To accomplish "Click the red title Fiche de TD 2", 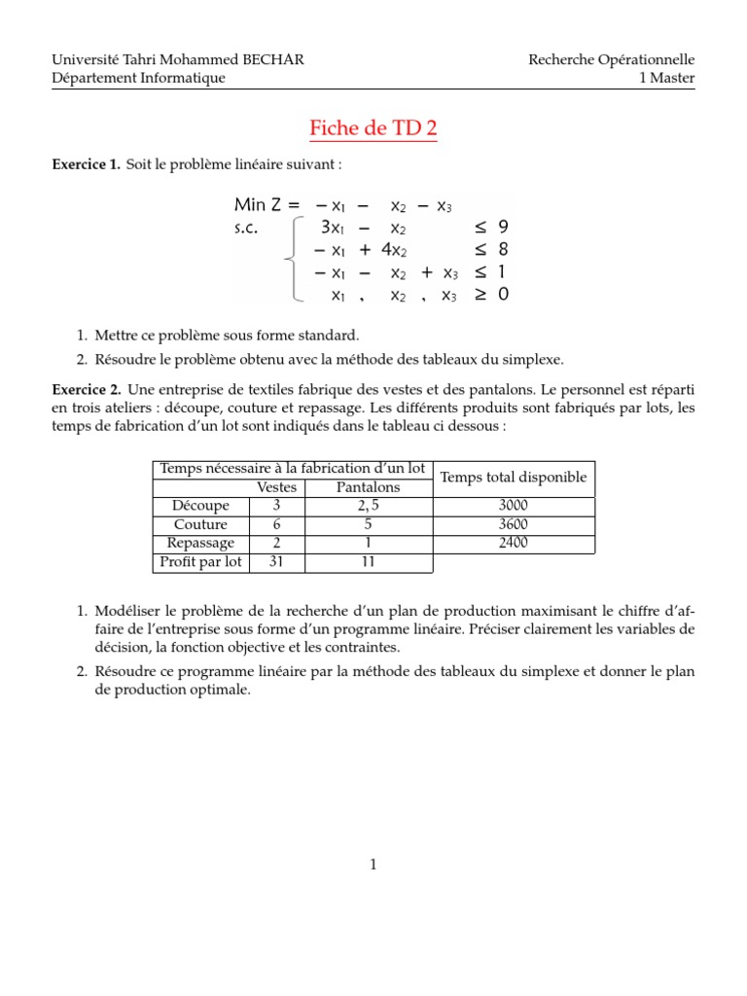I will [x=373, y=128].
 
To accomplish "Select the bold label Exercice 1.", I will [x=86, y=166].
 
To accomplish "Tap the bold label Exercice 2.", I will [x=86, y=388].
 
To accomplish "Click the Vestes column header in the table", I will [x=277, y=487].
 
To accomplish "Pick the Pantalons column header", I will [x=368, y=487].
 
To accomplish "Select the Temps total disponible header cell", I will [x=513, y=477].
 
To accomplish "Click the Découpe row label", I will [x=200, y=506].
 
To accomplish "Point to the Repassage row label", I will [x=200, y=543].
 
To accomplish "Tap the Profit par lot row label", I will [x=200, y=562].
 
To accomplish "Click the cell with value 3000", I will [x=513, y=506].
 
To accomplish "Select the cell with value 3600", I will [x=513, y=524].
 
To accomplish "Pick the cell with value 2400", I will [x=513, y=543].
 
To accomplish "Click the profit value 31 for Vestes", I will [x=276, y=562].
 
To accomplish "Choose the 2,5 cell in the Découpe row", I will [x=368, y=506].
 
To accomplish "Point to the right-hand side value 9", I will [x=503, y=228].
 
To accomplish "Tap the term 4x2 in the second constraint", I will [x=392, y=249].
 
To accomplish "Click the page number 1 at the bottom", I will [x=373, y=864].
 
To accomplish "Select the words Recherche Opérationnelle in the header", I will [x=611, y=60].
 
